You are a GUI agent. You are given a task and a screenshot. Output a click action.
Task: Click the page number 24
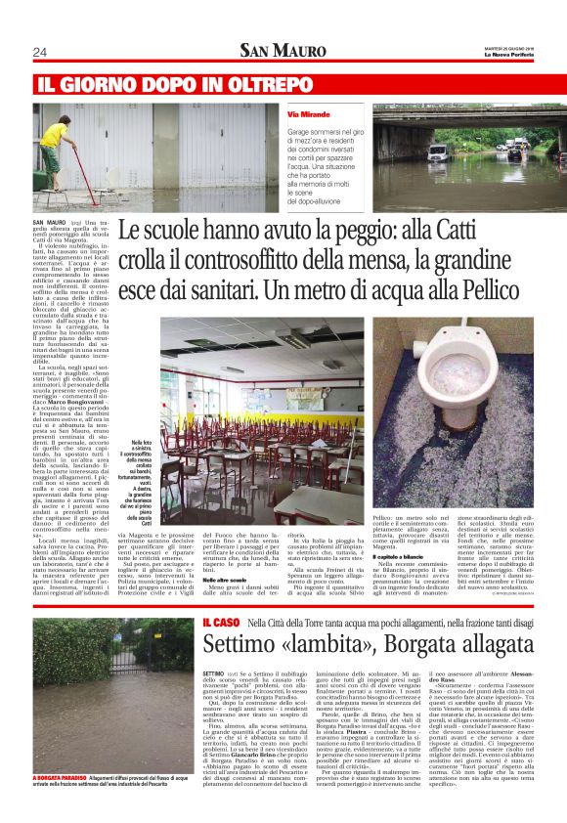[x=40, y=51]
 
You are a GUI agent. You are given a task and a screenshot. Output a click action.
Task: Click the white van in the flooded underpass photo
[x=438, y=153]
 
